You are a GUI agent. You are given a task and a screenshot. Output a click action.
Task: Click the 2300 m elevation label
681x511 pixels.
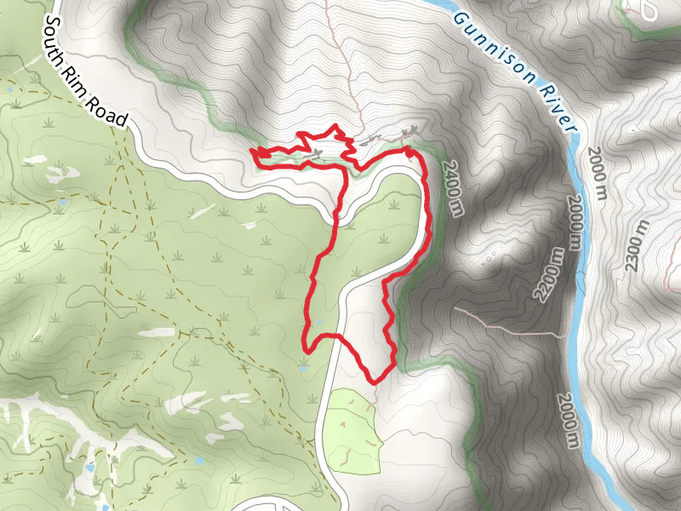click(x=638, y=246)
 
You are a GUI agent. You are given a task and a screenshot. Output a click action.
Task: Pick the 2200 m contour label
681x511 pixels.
click(x=549, y=275)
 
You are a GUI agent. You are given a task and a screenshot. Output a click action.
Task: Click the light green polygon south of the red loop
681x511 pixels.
click(x=352, y=430)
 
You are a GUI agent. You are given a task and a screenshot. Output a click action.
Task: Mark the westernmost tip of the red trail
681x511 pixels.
click(x=252, y=152)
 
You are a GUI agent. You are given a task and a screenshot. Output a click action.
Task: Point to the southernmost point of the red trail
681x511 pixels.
click(x=372, y=381)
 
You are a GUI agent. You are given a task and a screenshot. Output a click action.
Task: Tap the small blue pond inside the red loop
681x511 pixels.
click(x=321, y=323)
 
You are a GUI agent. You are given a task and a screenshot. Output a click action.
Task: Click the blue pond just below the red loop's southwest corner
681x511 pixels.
click(x=304, y=370)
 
